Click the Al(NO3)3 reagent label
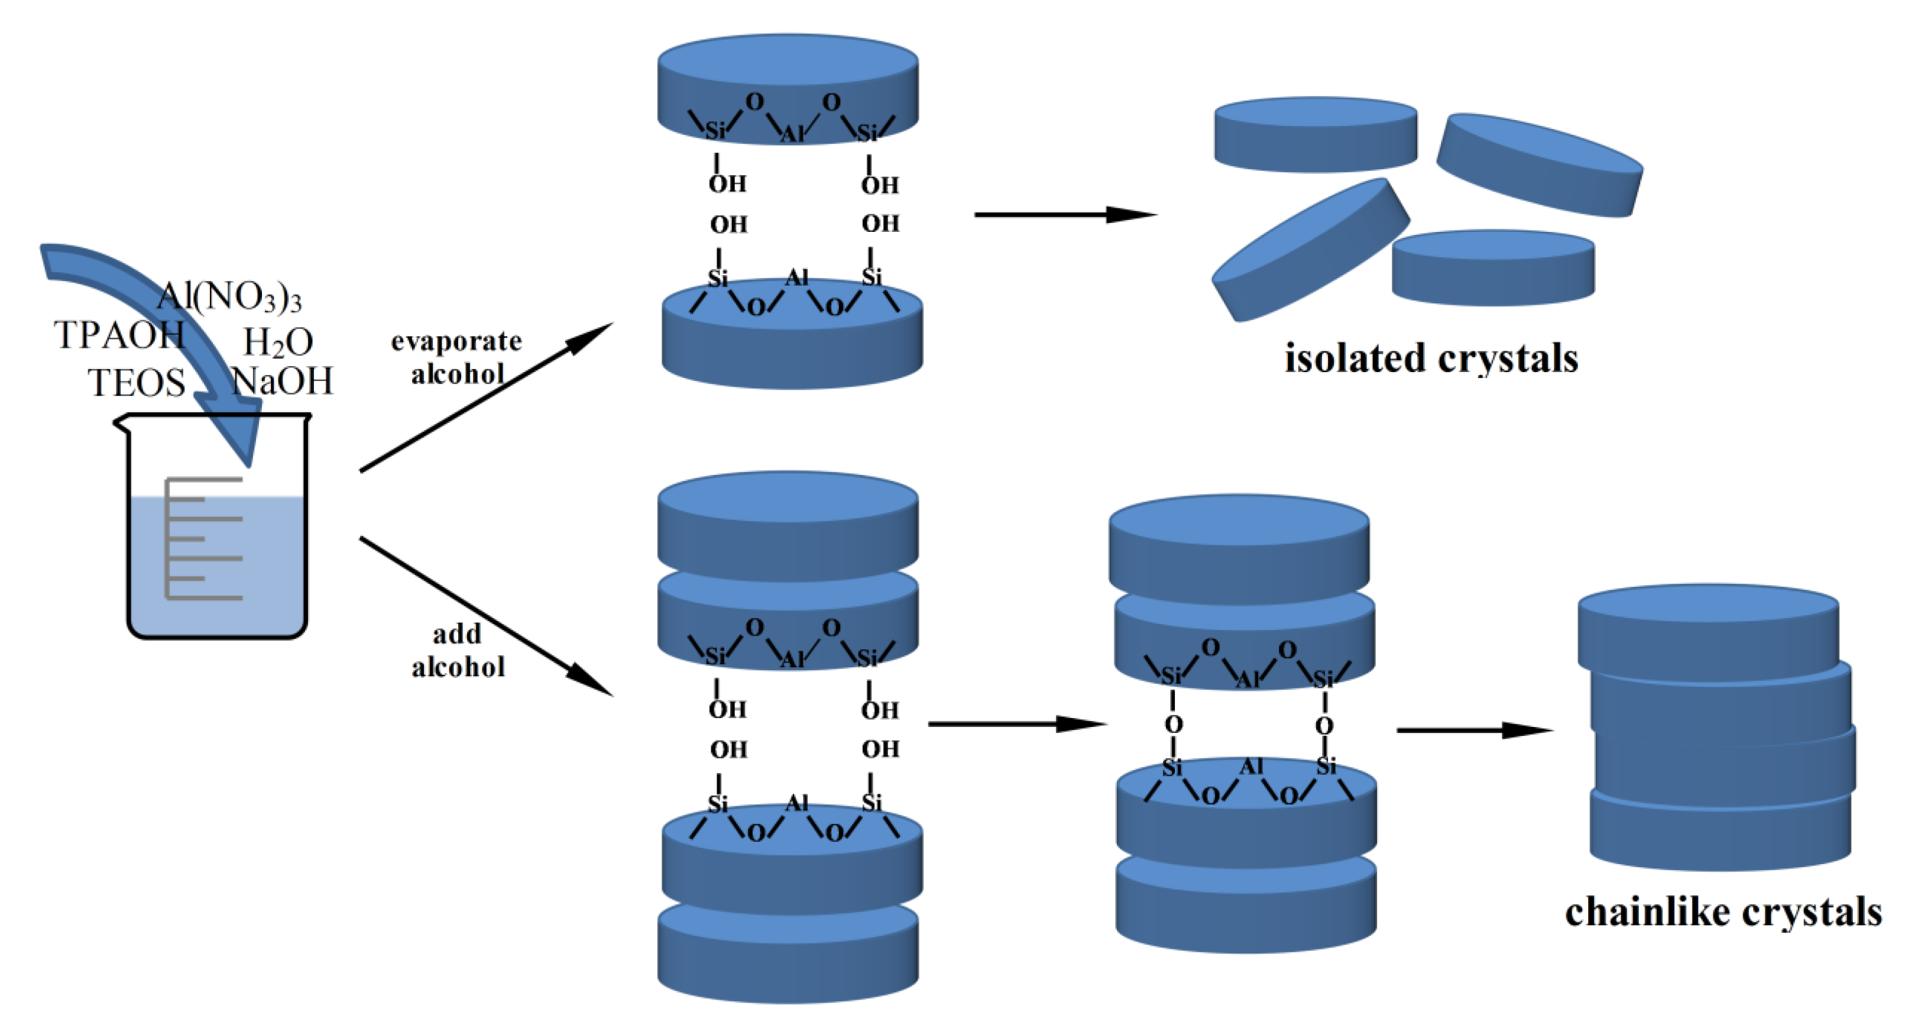229,298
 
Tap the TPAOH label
119,335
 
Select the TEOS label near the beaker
137,383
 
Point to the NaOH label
282,381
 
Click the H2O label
277,343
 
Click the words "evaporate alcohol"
456,357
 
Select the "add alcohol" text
457,651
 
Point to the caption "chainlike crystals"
1723,912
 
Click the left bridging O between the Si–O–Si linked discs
1173,725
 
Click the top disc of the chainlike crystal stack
1708,626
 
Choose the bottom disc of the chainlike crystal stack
1719,832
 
